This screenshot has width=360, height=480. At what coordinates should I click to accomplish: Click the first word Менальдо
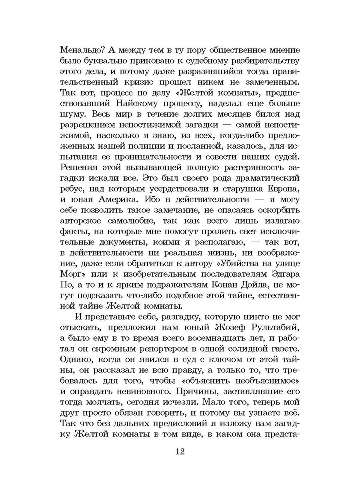click(x=80, y=51)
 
